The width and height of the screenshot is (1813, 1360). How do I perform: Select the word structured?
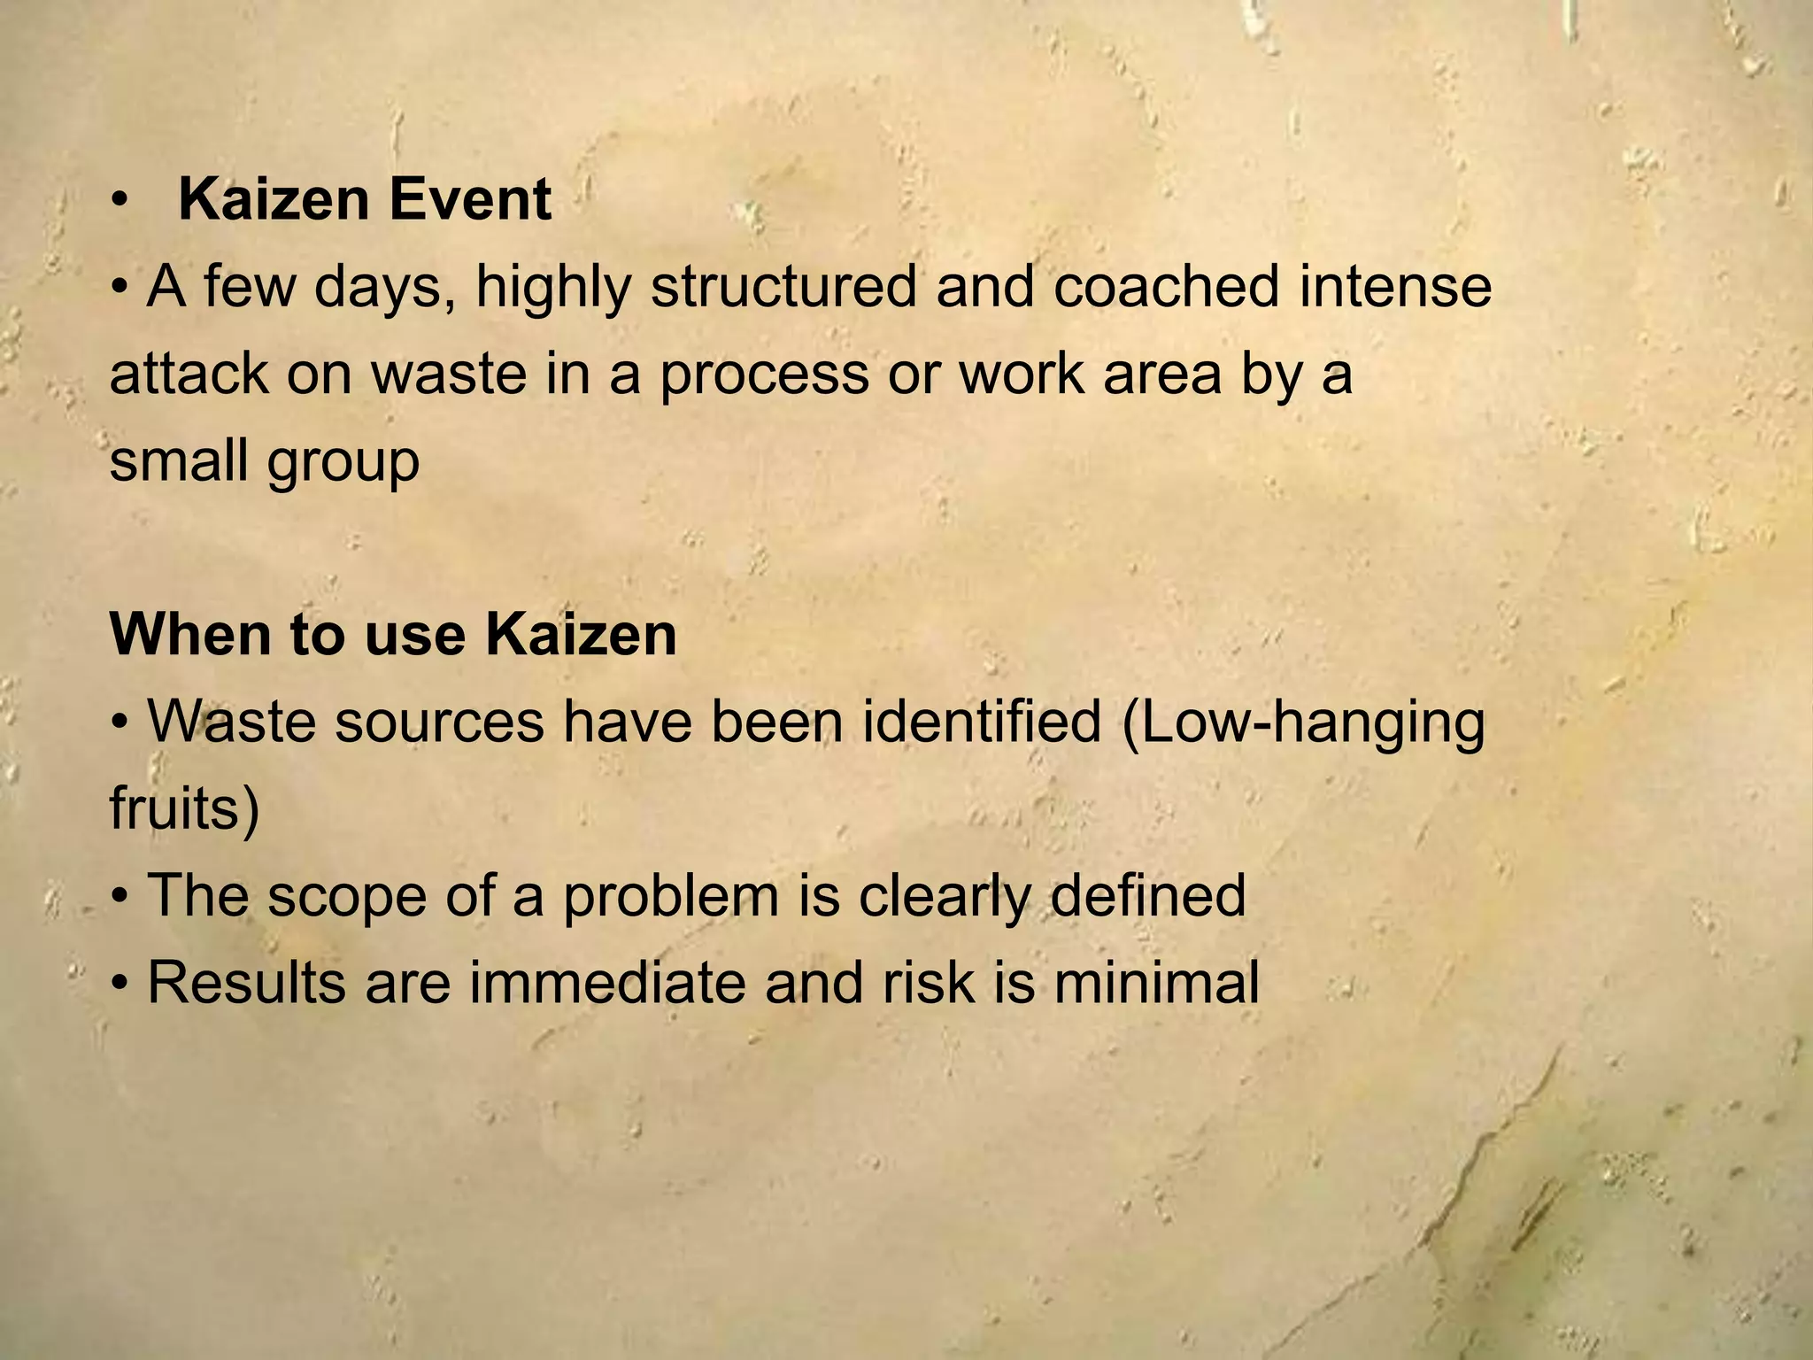click(783, 288)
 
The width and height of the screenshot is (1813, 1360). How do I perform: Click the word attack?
click(188, 374)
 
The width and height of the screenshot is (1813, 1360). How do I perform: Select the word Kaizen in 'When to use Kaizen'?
click(582, 635)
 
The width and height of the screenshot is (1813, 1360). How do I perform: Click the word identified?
click(982, 721)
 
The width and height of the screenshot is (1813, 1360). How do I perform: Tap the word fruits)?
click(184, 808)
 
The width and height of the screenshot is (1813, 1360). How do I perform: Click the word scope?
click(346, 897)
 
